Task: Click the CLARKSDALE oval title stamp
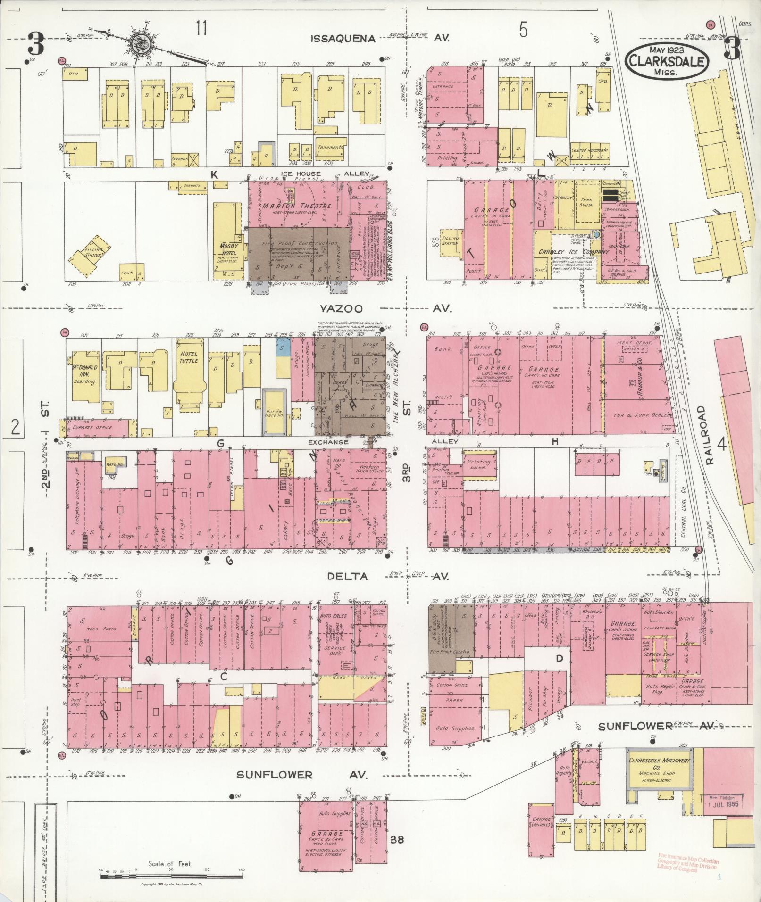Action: tap(666, 60)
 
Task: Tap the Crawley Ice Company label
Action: tap(574, 252)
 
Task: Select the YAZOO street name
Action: tap(341, 309)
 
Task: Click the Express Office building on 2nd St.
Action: tap(93, 427)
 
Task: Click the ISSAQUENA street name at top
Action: tap(343, 39)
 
